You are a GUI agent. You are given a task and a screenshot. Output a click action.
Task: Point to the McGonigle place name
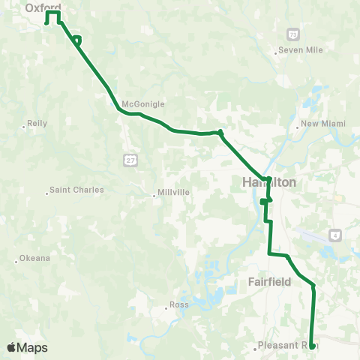(x=142, y=104)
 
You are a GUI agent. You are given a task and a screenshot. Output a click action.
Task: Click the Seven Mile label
(x=299, y=50)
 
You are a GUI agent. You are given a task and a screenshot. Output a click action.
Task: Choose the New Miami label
(x=320, y=124)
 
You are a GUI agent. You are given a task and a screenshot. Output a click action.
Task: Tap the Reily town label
(x=37, y=122)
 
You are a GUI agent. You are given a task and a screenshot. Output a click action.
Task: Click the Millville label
(x=173, y=192)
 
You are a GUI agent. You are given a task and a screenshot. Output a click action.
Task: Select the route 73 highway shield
(x=293, y=34)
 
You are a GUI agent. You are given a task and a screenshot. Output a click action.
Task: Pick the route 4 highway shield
(x=335, y=234)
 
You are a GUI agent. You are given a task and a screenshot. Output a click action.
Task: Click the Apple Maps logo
(x=27, y=347)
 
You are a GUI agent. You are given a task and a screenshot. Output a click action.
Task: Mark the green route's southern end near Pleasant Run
(x=311, y=346)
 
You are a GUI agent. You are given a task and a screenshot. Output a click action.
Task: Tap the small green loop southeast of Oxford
(x=77, y=40)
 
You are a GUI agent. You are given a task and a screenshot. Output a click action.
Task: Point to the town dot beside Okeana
(x=16, y=262)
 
